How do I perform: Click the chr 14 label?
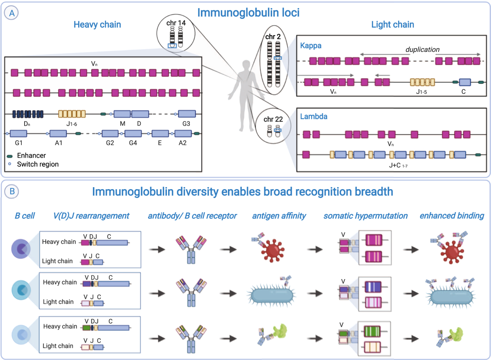(x=176, y=23)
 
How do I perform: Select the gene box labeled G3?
(x=187, y=114)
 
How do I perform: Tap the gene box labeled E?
(x=160, y=134)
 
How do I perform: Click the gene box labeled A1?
(x=58, y=134)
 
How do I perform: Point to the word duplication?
(x=422, y=49)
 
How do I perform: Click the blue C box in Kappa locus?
(x=465, y=82)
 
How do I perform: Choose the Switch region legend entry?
(x=38, y=164)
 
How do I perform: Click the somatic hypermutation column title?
(x=365, y=216)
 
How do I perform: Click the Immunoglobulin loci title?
(x=248, y=13)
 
